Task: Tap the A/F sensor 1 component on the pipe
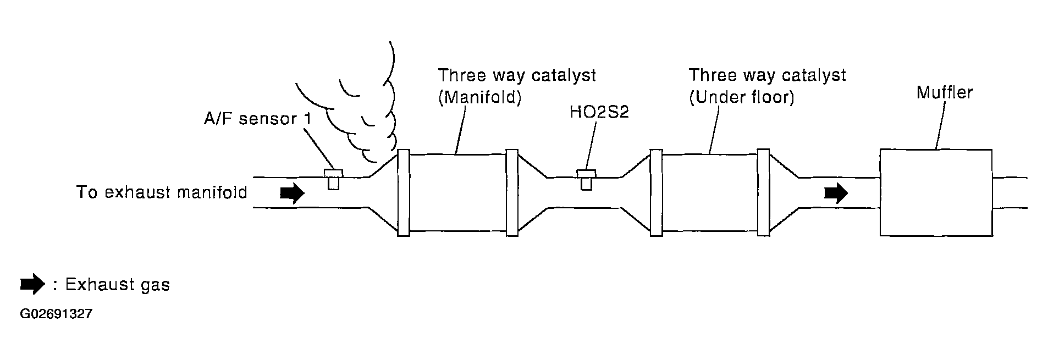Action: coord(333,179)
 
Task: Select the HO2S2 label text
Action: coord(599,112)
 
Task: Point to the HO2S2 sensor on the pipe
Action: coord(586,179)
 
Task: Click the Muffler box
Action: coord(936,192)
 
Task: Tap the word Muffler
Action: coord(945,92)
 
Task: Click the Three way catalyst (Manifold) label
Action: coord(517,86)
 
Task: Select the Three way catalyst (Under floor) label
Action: coord(768,86)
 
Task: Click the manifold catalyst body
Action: coord(457,192)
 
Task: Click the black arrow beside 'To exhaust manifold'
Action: coord(293,193)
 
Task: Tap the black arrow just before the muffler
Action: coord(836,193)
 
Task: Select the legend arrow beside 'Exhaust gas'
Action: coord(32,284)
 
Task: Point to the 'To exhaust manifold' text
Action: coord(162,193)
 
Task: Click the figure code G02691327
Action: coord(56,314)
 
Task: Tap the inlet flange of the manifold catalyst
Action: coord(403,192)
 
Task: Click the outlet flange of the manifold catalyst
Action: coord(512,192)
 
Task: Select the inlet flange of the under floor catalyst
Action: coord(656,192)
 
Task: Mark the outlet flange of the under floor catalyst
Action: coord(763,192)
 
